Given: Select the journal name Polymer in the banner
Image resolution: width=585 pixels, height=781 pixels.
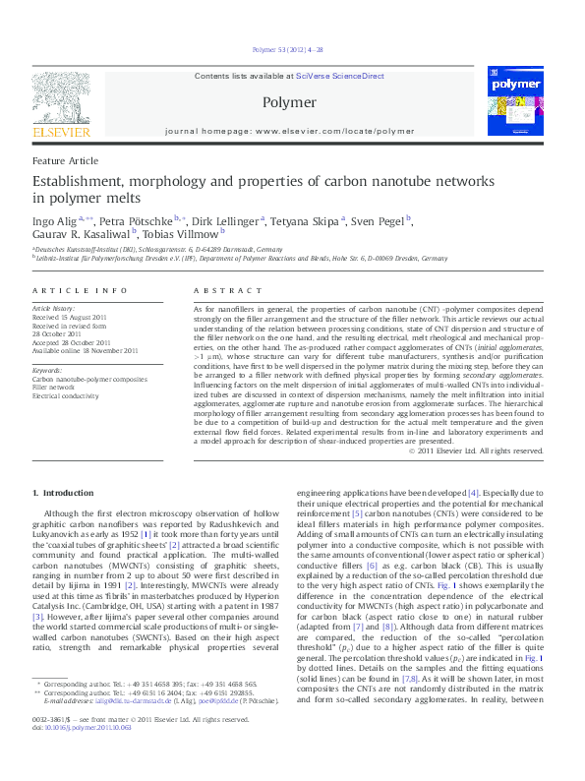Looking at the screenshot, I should tap(289, 101).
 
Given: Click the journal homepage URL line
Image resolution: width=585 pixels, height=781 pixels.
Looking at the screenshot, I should tap(290, 130).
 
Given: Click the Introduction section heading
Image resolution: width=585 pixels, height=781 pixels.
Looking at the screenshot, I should tap(63, 492).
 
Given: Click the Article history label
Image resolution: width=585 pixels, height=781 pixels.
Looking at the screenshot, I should tap(54, 308).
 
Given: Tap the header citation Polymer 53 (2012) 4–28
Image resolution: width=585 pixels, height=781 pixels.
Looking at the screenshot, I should tap(289, 48).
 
